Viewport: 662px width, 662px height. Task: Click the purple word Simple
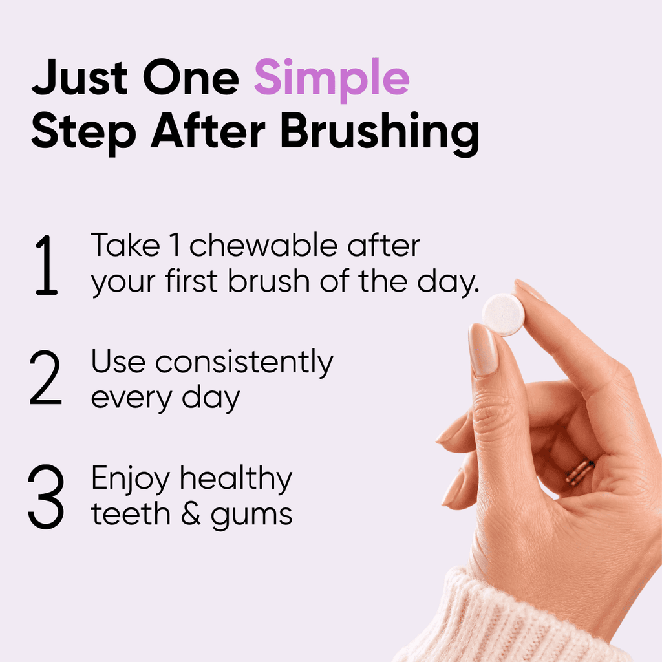click(332, 79)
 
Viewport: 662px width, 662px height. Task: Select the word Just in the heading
click(80, 78)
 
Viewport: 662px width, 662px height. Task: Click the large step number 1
click(47, 264)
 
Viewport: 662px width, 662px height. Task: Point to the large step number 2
click(46, 378)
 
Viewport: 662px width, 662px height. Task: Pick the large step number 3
click(46, 496)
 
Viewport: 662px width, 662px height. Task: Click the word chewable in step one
click(264, 245)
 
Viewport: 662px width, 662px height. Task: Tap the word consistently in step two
click(244, 363)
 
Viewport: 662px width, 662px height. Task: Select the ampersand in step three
click(191, 514)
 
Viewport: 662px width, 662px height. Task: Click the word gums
click(251, 517)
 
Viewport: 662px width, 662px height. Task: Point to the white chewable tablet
click(504, 315)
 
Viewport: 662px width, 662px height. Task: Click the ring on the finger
click(580, 471)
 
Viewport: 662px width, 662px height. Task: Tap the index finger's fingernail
click(484, 349)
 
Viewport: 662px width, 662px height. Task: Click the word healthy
click(236, 479)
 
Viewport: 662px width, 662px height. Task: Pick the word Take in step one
click(126, 245)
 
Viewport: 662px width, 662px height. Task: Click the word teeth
click(131, 514)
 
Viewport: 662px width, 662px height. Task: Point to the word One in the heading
click(191, 78)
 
